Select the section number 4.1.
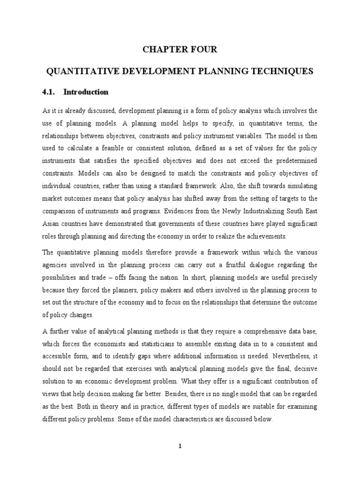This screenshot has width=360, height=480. (49, 92)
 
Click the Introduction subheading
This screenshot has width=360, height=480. (86, 92)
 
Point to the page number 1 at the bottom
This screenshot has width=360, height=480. (180, 446)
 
